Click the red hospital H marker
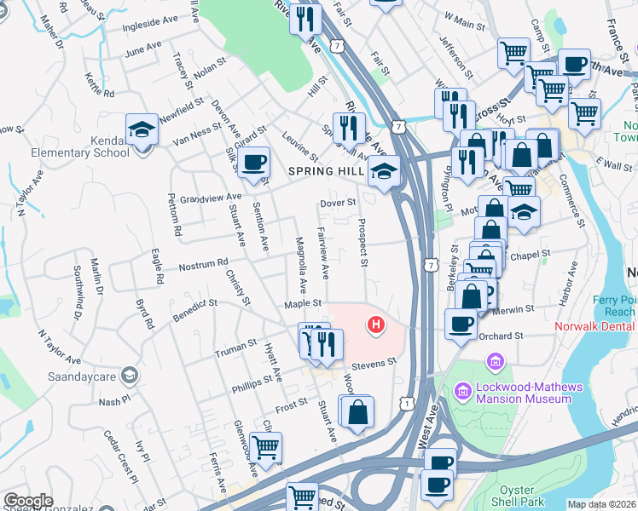(374, 324)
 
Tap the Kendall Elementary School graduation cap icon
(142, 130)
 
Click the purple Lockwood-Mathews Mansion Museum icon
(463, 391)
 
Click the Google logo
(28, 501)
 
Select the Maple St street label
(304, 303)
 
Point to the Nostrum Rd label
(203, 266)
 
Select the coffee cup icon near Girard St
(252, 162)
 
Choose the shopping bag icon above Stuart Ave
(359, 411)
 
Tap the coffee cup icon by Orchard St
(461, 324)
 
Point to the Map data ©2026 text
(601, 504)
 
